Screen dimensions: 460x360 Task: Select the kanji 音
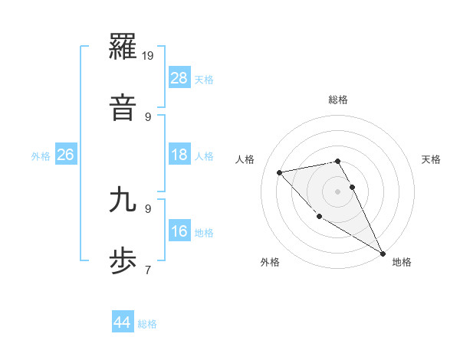125,108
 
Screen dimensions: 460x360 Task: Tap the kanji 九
125,200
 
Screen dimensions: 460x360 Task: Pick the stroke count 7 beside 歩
148,270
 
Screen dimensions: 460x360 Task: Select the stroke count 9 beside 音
148,116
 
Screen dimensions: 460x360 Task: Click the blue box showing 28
179,78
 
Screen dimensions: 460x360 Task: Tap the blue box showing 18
179,155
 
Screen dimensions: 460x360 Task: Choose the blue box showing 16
179,232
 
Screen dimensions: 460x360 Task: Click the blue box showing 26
66,155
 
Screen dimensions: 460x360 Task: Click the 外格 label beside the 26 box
41,156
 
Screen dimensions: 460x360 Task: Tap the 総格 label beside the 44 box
147,324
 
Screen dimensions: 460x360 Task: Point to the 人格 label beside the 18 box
204,156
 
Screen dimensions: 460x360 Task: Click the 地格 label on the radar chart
402,262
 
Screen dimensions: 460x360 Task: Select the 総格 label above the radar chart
338,100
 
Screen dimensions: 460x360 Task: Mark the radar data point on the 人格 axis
280,172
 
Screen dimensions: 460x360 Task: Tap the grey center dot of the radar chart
338,191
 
